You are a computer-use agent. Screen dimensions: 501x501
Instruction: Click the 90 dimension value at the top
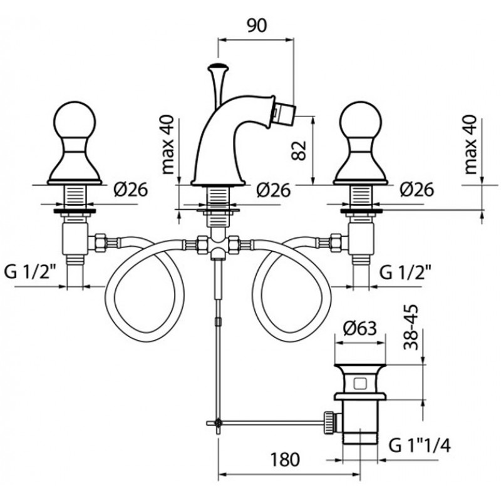click(257, 25)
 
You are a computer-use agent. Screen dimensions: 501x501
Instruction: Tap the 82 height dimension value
click(299, 150)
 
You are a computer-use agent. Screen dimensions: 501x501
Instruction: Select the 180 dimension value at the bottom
click(285, 459)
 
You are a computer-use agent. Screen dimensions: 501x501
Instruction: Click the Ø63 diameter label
click(361, 328)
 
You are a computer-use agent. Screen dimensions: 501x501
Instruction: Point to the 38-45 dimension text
click(410, 327)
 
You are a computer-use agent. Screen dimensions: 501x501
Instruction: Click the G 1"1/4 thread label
click(420, 445)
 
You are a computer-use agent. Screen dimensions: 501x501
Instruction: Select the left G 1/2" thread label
click(31, 272)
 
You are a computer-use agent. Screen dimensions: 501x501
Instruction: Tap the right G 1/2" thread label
click(405, 272)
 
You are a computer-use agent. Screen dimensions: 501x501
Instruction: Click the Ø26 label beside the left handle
click(131, 190)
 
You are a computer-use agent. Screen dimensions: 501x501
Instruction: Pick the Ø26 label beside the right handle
click(416, 190)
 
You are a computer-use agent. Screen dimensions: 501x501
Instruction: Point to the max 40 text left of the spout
click(168, 145)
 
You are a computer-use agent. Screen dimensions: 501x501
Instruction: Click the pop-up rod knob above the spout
click(218, 68)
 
